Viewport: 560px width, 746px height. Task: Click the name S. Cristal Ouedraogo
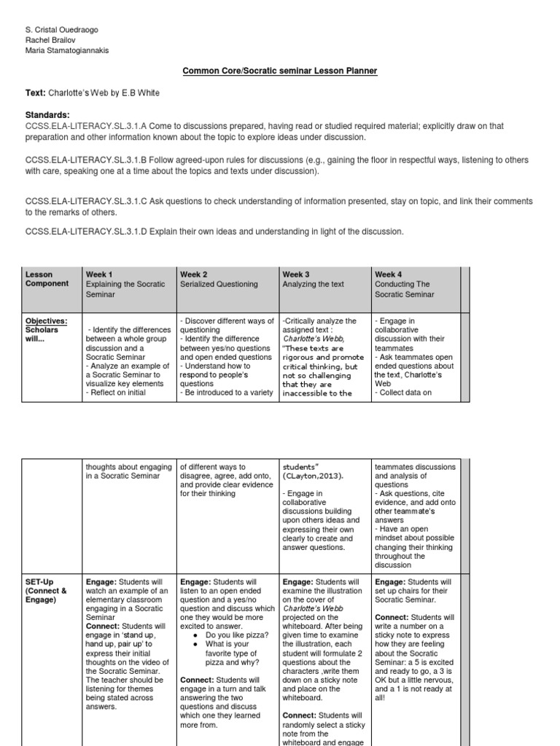[61, 29]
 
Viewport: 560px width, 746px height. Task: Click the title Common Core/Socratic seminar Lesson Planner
[279, 71]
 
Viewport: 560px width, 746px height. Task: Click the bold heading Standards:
[47, 115]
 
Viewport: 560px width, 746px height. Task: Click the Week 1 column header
[99, 275]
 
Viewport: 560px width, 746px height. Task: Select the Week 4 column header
[388, 275]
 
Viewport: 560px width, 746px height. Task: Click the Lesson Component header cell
[47, 279]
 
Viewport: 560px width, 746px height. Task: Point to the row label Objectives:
[47, 321]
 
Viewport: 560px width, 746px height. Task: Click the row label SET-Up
[41, 582]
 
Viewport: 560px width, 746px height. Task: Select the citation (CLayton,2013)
[311, 476]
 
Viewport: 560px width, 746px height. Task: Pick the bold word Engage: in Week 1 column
[101, 582]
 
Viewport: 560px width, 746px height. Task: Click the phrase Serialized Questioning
[218, 284]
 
